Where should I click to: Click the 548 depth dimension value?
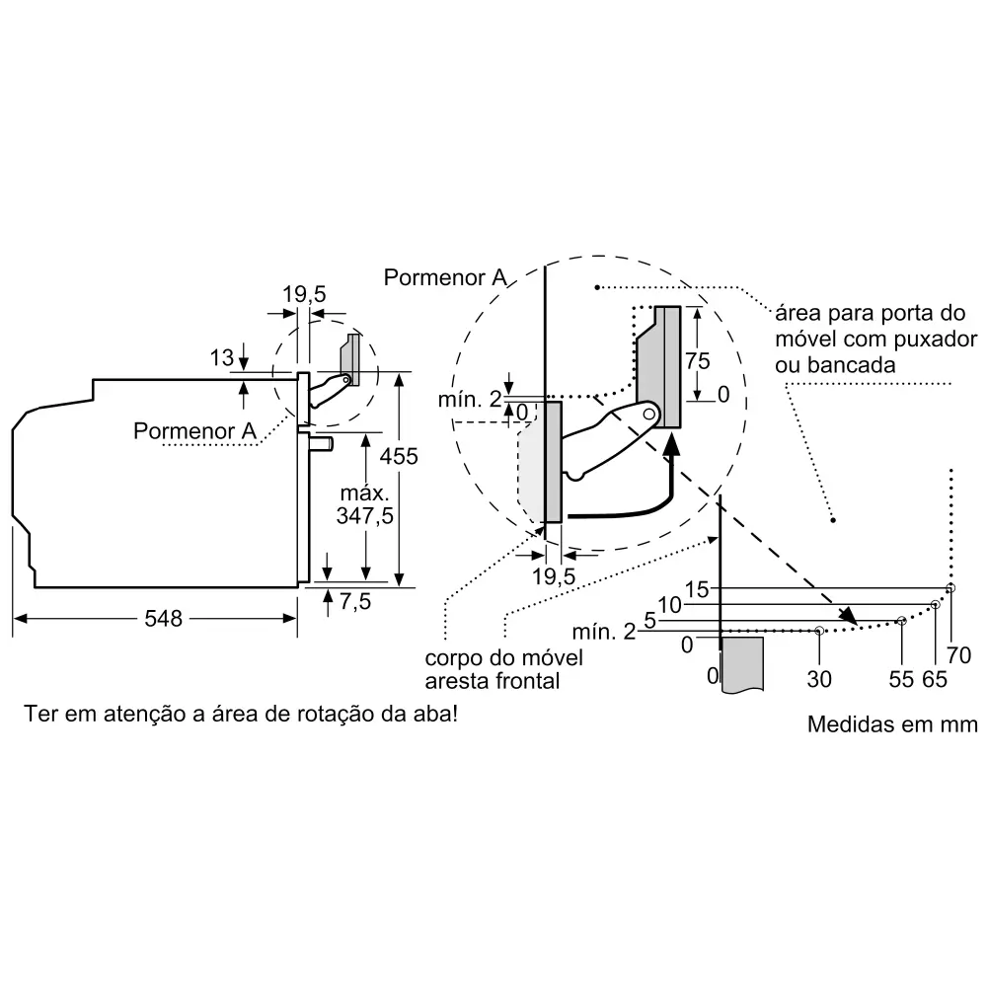pos(163,619)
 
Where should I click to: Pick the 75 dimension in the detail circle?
pos(697,361)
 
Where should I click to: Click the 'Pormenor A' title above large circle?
pos(446,277)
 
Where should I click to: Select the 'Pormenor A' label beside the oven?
pos(194,431)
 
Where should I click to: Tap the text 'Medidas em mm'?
pos(892,724)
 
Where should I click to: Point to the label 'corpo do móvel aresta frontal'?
pos(492,669)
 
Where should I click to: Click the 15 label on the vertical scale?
pos(697,589)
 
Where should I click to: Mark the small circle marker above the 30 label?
pos(819,631)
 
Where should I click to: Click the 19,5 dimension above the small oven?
pos(303,293)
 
